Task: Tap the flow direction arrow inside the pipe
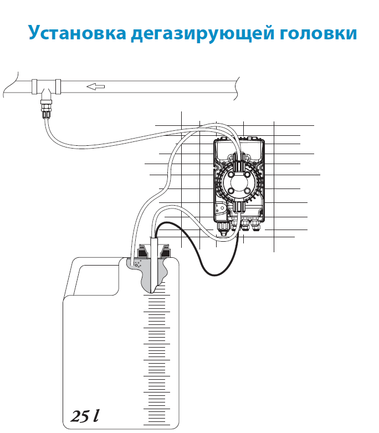(x=96, y=86)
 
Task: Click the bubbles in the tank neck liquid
(x=138, y=264)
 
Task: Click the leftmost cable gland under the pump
(x=223, y=227)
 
